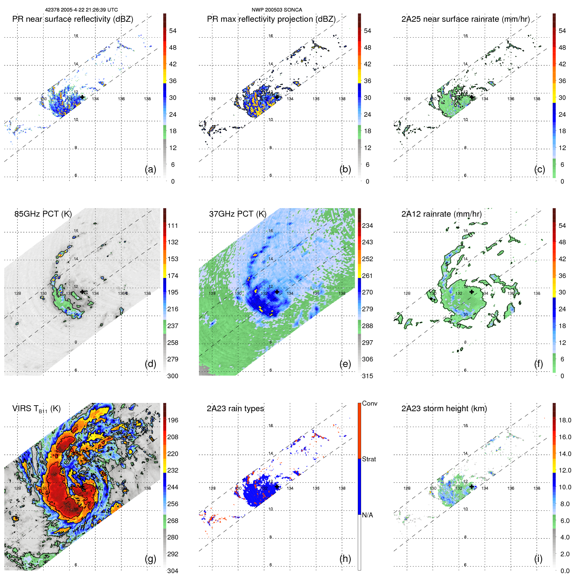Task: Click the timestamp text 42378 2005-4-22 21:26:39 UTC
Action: [81, 10]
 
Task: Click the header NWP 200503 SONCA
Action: [277, 10]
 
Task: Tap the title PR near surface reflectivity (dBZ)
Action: [73, 19]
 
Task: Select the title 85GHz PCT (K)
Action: [43, 214]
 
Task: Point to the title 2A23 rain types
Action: [235, 409]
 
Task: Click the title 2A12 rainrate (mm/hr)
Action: [441, 214]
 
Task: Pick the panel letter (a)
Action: [150, 169]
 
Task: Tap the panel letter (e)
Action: [345, 364]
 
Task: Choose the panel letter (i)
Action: [538, 559]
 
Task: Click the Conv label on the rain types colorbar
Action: [369, 403]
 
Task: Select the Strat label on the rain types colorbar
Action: [369, 459]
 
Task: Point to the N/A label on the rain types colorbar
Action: [367, 515]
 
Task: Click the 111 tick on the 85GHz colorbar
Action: [172, 226]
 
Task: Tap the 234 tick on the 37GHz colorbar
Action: [367, 226]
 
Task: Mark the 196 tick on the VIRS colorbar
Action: [172, 420]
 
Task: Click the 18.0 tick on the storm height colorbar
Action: [565, 420]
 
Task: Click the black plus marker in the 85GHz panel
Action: [82, 292]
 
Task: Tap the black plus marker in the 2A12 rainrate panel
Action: [472, 292]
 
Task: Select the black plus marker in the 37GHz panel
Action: [277, 292]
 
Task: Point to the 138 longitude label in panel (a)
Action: [147, 99]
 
